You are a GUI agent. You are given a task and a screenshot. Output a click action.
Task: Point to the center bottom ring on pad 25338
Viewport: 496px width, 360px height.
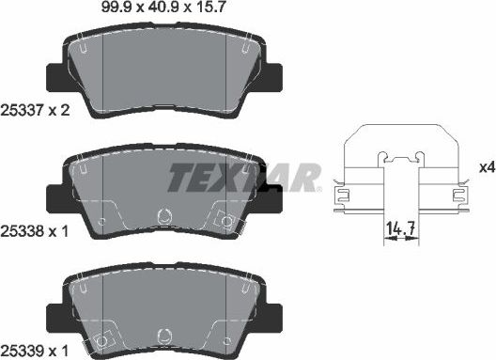click(164, 215)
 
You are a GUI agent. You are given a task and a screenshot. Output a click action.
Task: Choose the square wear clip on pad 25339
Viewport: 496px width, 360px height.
click(103, 339)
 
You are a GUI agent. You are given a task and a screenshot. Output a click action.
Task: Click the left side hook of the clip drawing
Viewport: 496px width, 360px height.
click(342, 195)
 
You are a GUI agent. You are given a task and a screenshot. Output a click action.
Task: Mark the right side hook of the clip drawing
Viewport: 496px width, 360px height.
click(459, 195)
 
